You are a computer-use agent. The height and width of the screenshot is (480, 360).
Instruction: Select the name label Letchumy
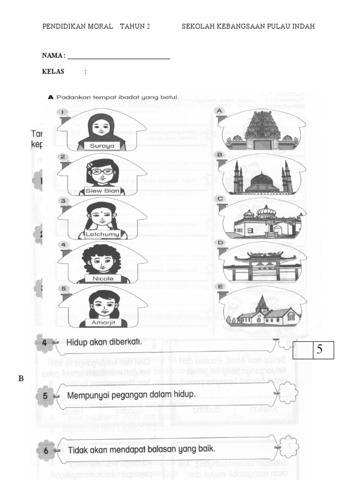tap(102, 233)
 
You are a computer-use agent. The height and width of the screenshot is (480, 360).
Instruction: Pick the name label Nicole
tap(103, 278)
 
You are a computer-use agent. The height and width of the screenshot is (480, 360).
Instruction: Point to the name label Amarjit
tap(103, 322)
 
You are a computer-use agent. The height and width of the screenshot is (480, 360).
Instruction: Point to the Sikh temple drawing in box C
tap(262, 221)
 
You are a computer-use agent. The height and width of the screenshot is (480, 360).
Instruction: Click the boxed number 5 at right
tap(319, 350)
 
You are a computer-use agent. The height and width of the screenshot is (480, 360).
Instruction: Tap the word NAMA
tap(52, 55)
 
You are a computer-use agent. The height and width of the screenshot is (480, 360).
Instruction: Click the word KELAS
tap(53, 72)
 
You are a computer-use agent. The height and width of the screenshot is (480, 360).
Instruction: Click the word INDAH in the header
tap(303, 26)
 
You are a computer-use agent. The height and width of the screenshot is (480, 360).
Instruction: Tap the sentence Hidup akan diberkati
tap(104, 343)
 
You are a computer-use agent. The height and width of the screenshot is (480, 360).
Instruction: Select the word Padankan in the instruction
tap(73, 97)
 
